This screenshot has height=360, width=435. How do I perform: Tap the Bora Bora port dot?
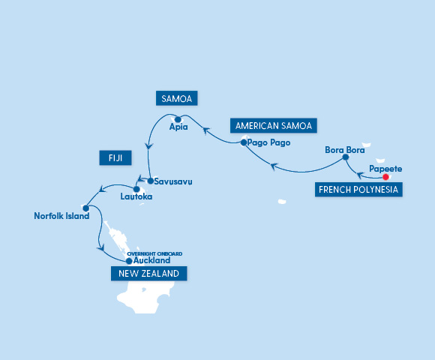(345, 157)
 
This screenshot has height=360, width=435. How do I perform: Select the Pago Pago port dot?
(244, 142)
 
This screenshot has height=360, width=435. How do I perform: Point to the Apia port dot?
(178, 118)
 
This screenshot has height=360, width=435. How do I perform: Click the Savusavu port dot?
(150, 181)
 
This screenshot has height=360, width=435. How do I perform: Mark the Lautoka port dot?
(136, 189)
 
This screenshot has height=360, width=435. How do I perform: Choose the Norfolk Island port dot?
(86, 208)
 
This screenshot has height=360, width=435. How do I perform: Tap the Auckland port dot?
(129, 261)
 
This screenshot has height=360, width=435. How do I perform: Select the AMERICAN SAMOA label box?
(273, 125)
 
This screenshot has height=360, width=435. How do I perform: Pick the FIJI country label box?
(115, 157)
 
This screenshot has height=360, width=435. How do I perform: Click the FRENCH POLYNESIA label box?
(358, 190)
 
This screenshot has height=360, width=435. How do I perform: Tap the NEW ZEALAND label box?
(148, 274)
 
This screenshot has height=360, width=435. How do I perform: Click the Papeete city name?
(386, 168)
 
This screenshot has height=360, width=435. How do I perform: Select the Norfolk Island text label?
(61, 216)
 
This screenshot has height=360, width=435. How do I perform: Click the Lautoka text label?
(136, 197)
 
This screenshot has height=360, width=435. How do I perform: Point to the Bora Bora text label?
(344, 148)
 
